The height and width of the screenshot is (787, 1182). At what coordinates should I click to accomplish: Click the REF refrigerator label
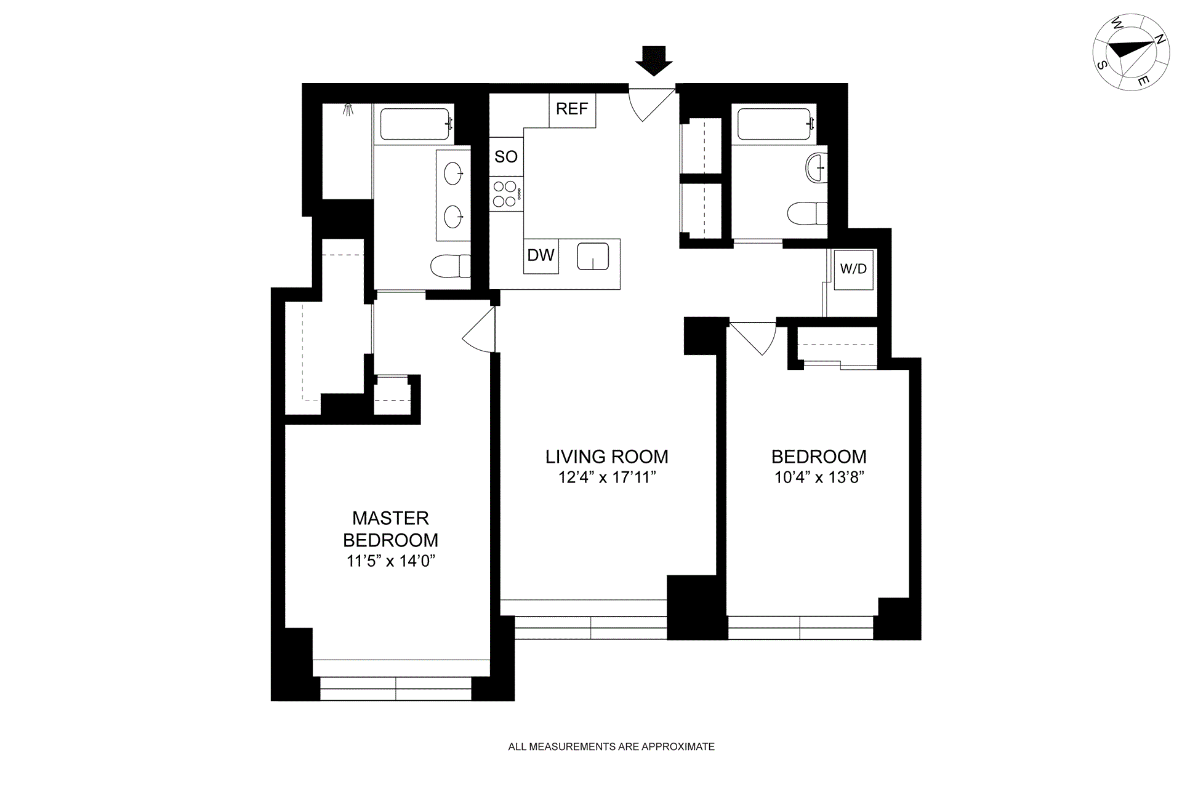(x=572, y=109)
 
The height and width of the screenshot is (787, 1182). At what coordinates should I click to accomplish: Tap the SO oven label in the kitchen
(x=506, y=156)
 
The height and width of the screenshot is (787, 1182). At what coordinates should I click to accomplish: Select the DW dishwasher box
(x=541, y=255)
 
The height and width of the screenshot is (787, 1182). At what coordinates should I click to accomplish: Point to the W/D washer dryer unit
(x=853, y=269)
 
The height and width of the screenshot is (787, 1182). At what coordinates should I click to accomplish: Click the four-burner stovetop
(x=506, y=194)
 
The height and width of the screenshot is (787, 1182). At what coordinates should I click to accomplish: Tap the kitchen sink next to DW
(x=593, y=257)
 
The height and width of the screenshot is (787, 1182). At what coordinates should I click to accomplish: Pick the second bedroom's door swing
(x=752, y=338)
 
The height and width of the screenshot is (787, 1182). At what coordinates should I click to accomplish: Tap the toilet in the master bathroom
(x=450, y=266)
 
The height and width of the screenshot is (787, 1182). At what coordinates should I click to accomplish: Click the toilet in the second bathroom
(x=808, y=214)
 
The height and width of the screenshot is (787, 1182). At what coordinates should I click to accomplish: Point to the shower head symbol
(x=348, y=110)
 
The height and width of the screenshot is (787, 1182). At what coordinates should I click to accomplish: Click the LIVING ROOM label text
(x=606, y=457)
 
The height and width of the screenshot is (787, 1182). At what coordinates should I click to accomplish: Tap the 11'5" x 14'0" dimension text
(x=391, y=561)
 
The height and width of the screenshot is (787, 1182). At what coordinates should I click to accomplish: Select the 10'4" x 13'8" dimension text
(x=819, y=477)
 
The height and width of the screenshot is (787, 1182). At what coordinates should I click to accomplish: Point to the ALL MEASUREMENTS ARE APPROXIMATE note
(x=611, y=746)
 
